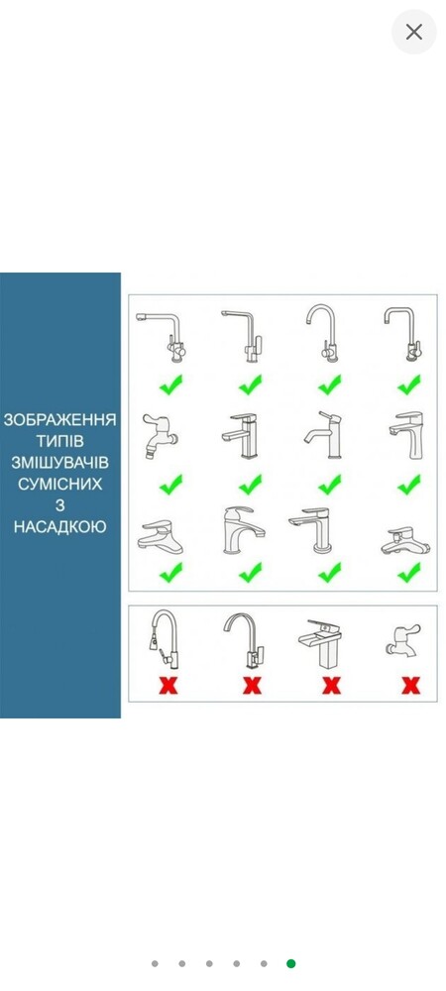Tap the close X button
(x=413, y=32)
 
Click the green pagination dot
(x=290, y=963)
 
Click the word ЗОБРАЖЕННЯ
(x=60, y=420)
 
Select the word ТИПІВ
(x=60, y=441)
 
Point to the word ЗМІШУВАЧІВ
(x=60, y=463)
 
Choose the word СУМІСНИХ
(x=60, y=485)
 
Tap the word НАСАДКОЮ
(x=60, y=526)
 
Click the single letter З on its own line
(x=60, y=505)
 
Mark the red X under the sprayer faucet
(x=168, y=685)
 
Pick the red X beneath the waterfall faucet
(x=332, y=685)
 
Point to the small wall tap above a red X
(x=402, y=639)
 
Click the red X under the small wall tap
(x=411, y=685)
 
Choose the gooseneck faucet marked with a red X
(x=245, y=639)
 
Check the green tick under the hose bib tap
(x=170, y=485)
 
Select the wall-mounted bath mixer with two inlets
(x=405, y=540)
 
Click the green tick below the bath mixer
(x=409, y=573)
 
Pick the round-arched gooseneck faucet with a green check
(x=323, y=333)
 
